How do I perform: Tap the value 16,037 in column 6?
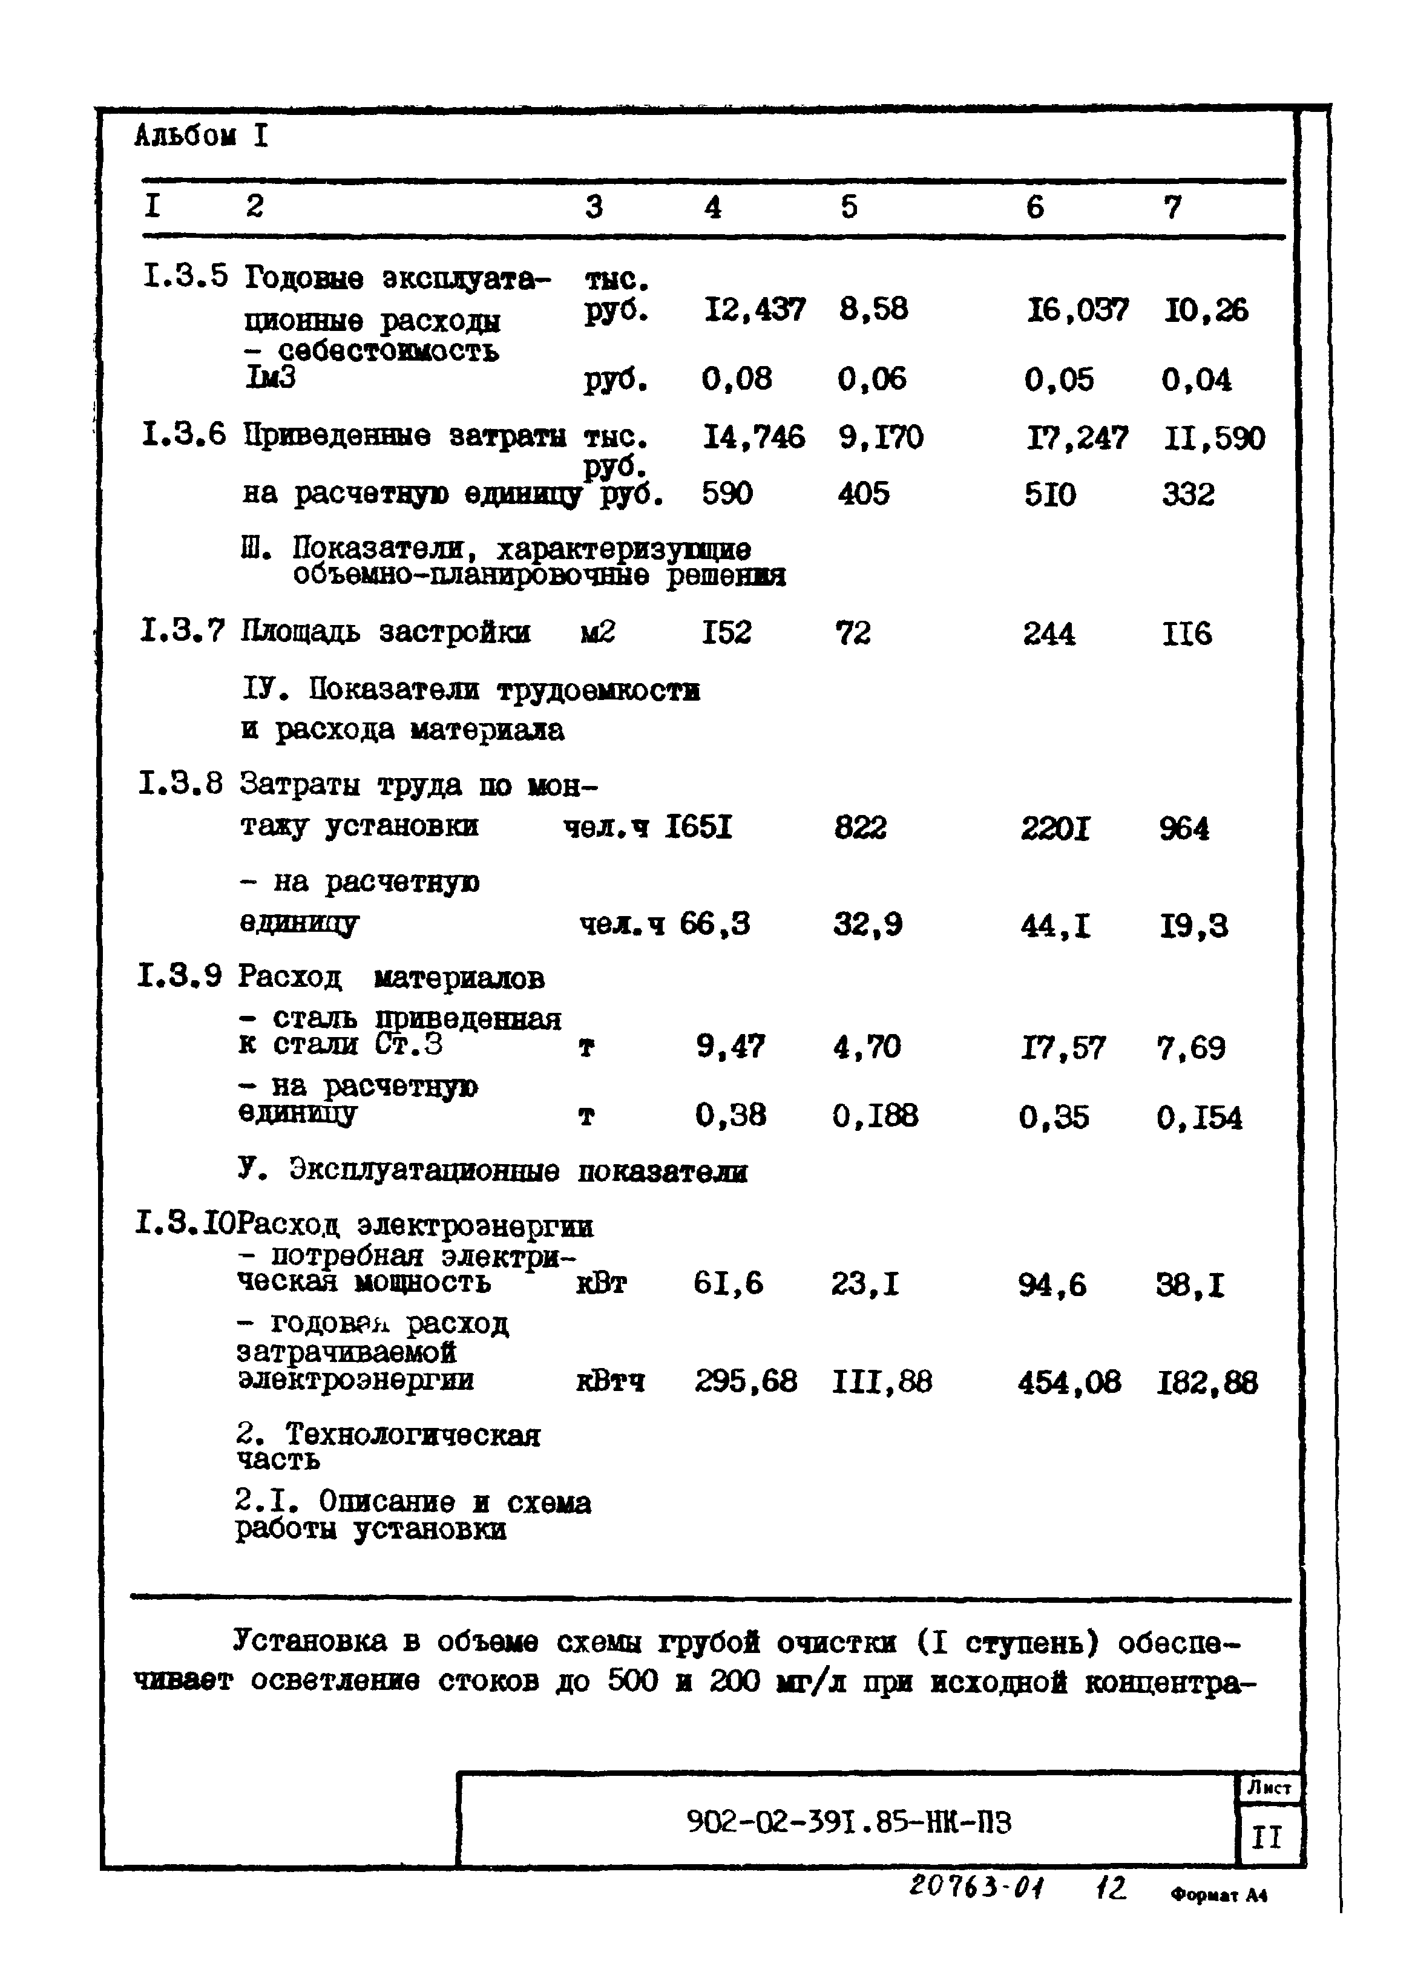1077,310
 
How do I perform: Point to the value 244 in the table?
1048,633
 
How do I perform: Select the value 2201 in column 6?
1055,828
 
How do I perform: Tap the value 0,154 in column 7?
1199,1118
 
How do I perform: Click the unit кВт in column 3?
601,1284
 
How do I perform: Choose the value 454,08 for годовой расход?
1069,1383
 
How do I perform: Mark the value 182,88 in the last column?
1207,1383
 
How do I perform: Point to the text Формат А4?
1218,1894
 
